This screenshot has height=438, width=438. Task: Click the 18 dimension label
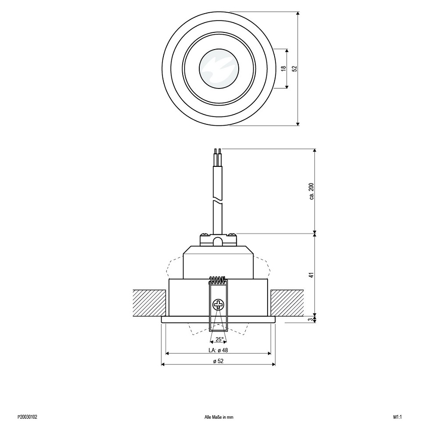point(284,68)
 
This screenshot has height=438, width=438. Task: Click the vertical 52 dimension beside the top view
point(294,68)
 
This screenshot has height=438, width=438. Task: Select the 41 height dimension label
point(312,275)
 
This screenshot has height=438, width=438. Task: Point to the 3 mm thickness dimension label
point(312,319)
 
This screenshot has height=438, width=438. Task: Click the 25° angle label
point(219,339)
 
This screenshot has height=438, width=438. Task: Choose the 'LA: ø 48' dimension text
point(218,350)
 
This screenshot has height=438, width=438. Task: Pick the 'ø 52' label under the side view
point(219,361)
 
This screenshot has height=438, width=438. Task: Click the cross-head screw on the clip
point(218,304)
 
